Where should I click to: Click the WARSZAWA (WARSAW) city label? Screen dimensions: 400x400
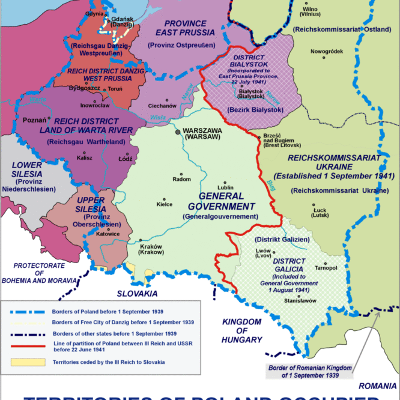[202, 133]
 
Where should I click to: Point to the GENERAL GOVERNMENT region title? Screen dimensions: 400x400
[221, 201]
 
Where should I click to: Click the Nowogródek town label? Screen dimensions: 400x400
[326, 51]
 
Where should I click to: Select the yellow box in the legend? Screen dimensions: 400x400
[29, 363]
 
